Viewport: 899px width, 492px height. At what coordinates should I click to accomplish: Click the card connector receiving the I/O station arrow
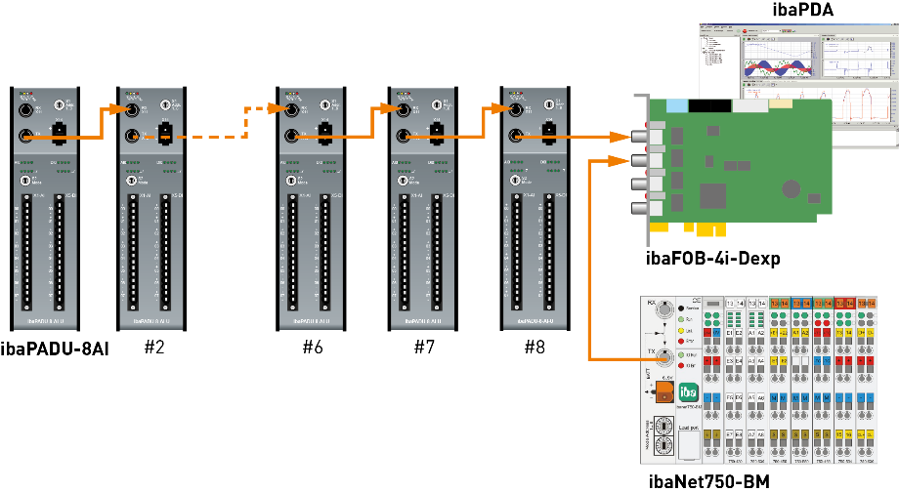(x=640, y=160)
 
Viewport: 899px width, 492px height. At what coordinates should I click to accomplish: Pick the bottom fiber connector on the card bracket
(x=640, y=206)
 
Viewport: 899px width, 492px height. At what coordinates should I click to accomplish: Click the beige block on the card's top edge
(x=781, y=103)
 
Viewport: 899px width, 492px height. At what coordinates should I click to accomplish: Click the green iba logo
(x=688, y=392)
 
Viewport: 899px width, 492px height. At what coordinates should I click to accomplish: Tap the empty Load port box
(x=688, y=445)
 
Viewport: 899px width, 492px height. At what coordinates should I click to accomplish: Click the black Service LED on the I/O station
(x=681, y=307)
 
